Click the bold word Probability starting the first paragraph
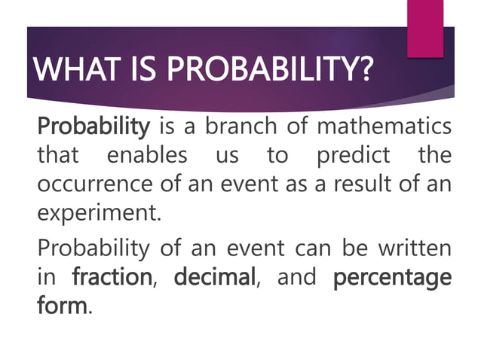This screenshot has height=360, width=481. click(94, 126)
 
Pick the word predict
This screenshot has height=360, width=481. click(354, 156)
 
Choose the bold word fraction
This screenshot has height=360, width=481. click(112, 277)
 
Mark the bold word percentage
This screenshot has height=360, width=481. click(392, 277)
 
